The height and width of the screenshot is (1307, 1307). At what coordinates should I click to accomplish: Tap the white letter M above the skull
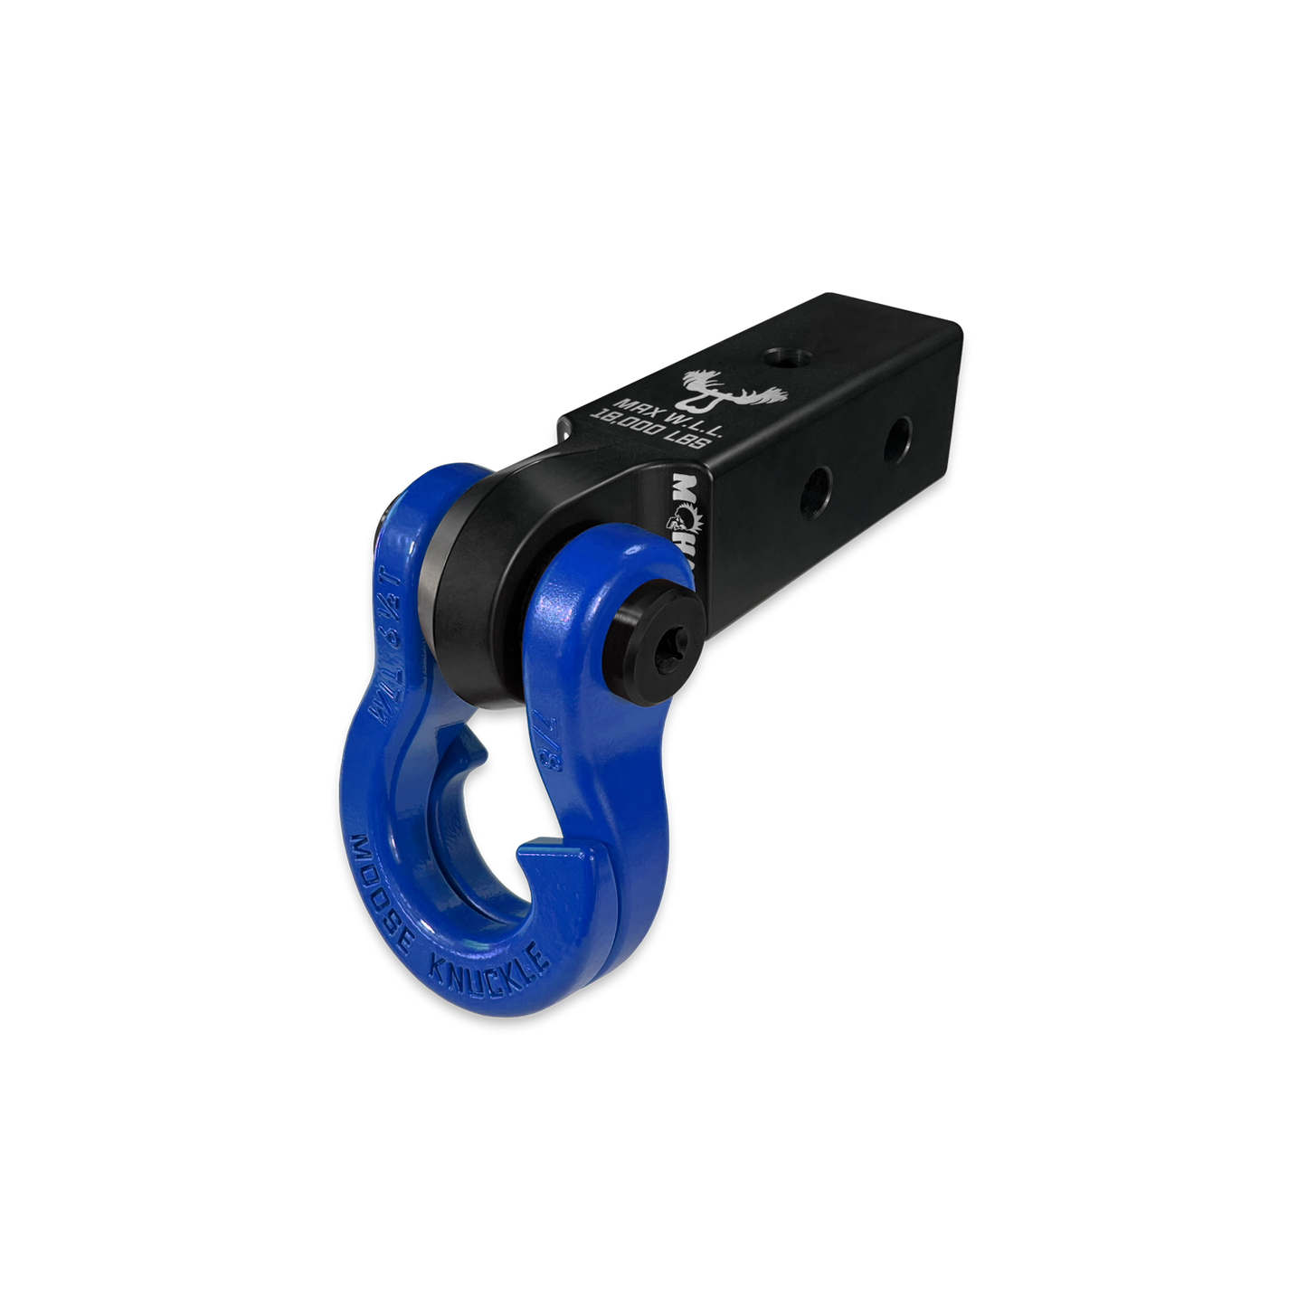click(x=685, y=488)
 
